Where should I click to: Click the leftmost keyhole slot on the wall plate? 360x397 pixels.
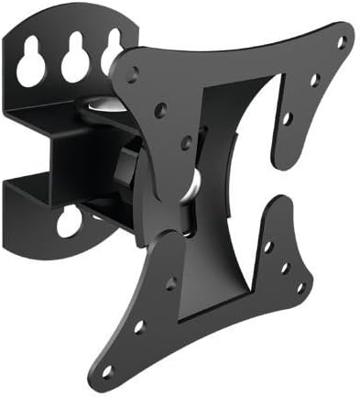(x=33, y=62)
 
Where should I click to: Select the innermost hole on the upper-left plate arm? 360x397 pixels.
(x=186, y=141)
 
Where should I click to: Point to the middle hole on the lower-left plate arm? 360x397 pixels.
(x=138, y=326)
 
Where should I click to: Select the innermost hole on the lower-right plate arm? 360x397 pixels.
(x=267, y=247)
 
